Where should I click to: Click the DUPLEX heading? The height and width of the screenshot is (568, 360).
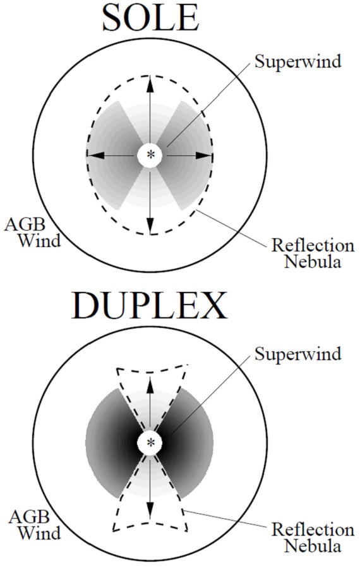click(x=149, y=305)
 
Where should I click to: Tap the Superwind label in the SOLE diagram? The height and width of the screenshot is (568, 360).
click(x=297, y=62)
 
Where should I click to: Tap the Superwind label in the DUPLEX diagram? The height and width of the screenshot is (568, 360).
click(x=297, y=354)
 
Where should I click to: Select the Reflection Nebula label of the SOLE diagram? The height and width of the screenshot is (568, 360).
click(x=313, y=253)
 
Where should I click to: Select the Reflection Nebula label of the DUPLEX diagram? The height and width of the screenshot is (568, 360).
click(x=313, y=538)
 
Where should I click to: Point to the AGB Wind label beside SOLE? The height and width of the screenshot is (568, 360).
click(x=32, y=233)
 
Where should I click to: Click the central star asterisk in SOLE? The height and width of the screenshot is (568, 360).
click(x=150, y=155)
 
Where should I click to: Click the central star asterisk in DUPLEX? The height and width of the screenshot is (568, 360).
click(x=150, y=442)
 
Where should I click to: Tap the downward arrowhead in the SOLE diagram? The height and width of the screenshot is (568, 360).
click(x=150, y=225)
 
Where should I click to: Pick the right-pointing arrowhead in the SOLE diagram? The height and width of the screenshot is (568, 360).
click(x=204, y=155)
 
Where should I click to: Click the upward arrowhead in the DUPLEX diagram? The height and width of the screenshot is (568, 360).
click(x=150, y=384)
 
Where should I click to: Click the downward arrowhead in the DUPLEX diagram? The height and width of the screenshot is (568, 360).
click(x=150, y=509)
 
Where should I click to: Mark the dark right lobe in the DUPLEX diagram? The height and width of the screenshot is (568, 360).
click(x=188, y=442)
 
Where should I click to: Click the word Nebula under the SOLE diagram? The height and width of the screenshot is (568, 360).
click(x=312, y=262)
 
